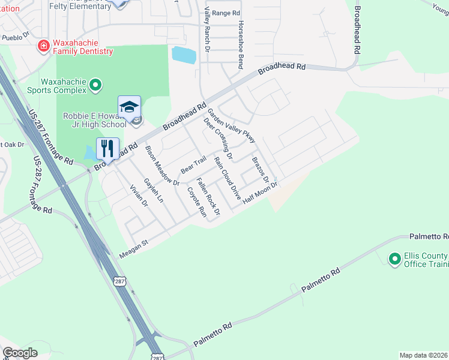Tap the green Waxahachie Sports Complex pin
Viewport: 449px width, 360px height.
(95, 86)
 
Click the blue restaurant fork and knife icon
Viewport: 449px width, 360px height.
(107, 148)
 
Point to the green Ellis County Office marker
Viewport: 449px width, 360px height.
(394, 259)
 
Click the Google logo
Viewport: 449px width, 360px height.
(20, 353)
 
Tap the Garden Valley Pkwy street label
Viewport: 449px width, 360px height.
(231, 125)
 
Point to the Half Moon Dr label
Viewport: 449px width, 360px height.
(261, 193)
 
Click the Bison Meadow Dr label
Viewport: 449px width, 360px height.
(162, 165)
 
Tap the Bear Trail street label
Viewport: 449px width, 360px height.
(193, 163)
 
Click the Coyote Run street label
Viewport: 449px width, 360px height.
(196, 202)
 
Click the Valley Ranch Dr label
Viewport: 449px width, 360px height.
(206, 29)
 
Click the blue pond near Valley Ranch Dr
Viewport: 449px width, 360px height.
(184, 55)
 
